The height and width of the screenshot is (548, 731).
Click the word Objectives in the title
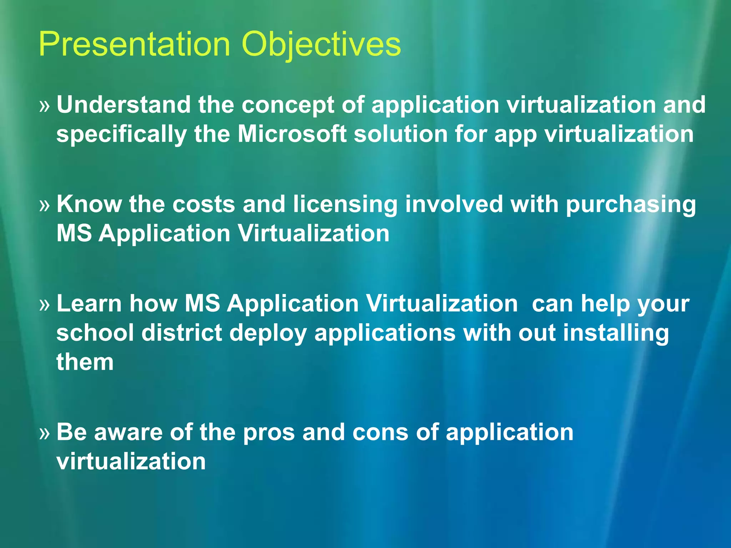[321, 45]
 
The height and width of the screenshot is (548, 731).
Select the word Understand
[123, 105]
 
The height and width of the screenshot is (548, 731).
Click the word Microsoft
[292, 134]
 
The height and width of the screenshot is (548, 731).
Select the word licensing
[345, 205]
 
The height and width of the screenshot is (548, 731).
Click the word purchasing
[631, 205]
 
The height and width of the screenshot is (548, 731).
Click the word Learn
[89, 304]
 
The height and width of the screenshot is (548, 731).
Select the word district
[182, 333]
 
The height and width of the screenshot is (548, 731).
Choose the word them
[85, 362]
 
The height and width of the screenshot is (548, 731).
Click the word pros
[269, 433]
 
